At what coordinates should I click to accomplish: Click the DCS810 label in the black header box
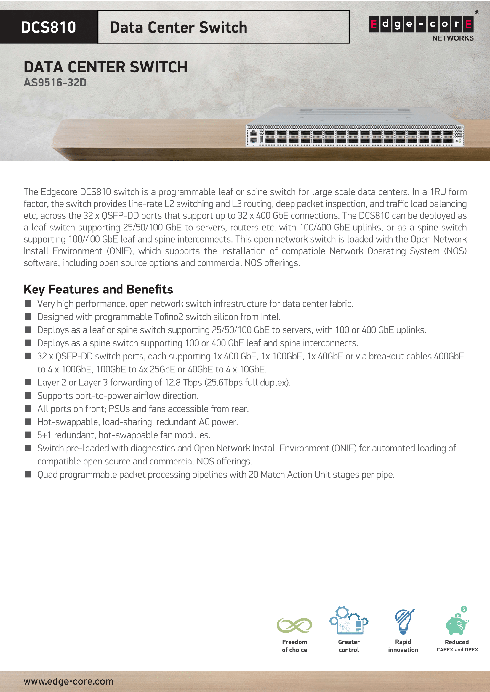pyautogui.click(x=48, y=27)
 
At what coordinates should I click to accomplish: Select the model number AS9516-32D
pyautogui.click(x=55, y=83)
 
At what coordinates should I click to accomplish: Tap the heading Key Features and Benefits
pyautogui.click(x=98, y=289)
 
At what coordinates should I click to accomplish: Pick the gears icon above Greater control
pyautogui.click(x=348, y=621)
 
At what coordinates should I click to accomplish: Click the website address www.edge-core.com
pyautogui.click(x=68, y=681)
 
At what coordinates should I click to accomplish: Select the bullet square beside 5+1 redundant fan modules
pyautogui.click(x=28, y=435)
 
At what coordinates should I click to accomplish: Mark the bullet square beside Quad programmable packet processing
pyautogui.click(x=28, y=474)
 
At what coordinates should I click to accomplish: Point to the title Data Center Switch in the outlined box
pyautogui.click(x=178, y=28)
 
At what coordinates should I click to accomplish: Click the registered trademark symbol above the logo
pyautogui.click(x=477, y=13)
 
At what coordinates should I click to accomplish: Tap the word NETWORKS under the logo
pyautogui.click(x=453, y=38)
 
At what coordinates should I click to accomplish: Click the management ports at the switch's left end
pyautogui.click(x=254, y=136)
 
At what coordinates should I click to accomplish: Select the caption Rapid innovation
pyautogui.click(x=403, y=646)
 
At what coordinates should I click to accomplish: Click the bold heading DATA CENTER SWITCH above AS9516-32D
pyautogui.click(x=105, y=67)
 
